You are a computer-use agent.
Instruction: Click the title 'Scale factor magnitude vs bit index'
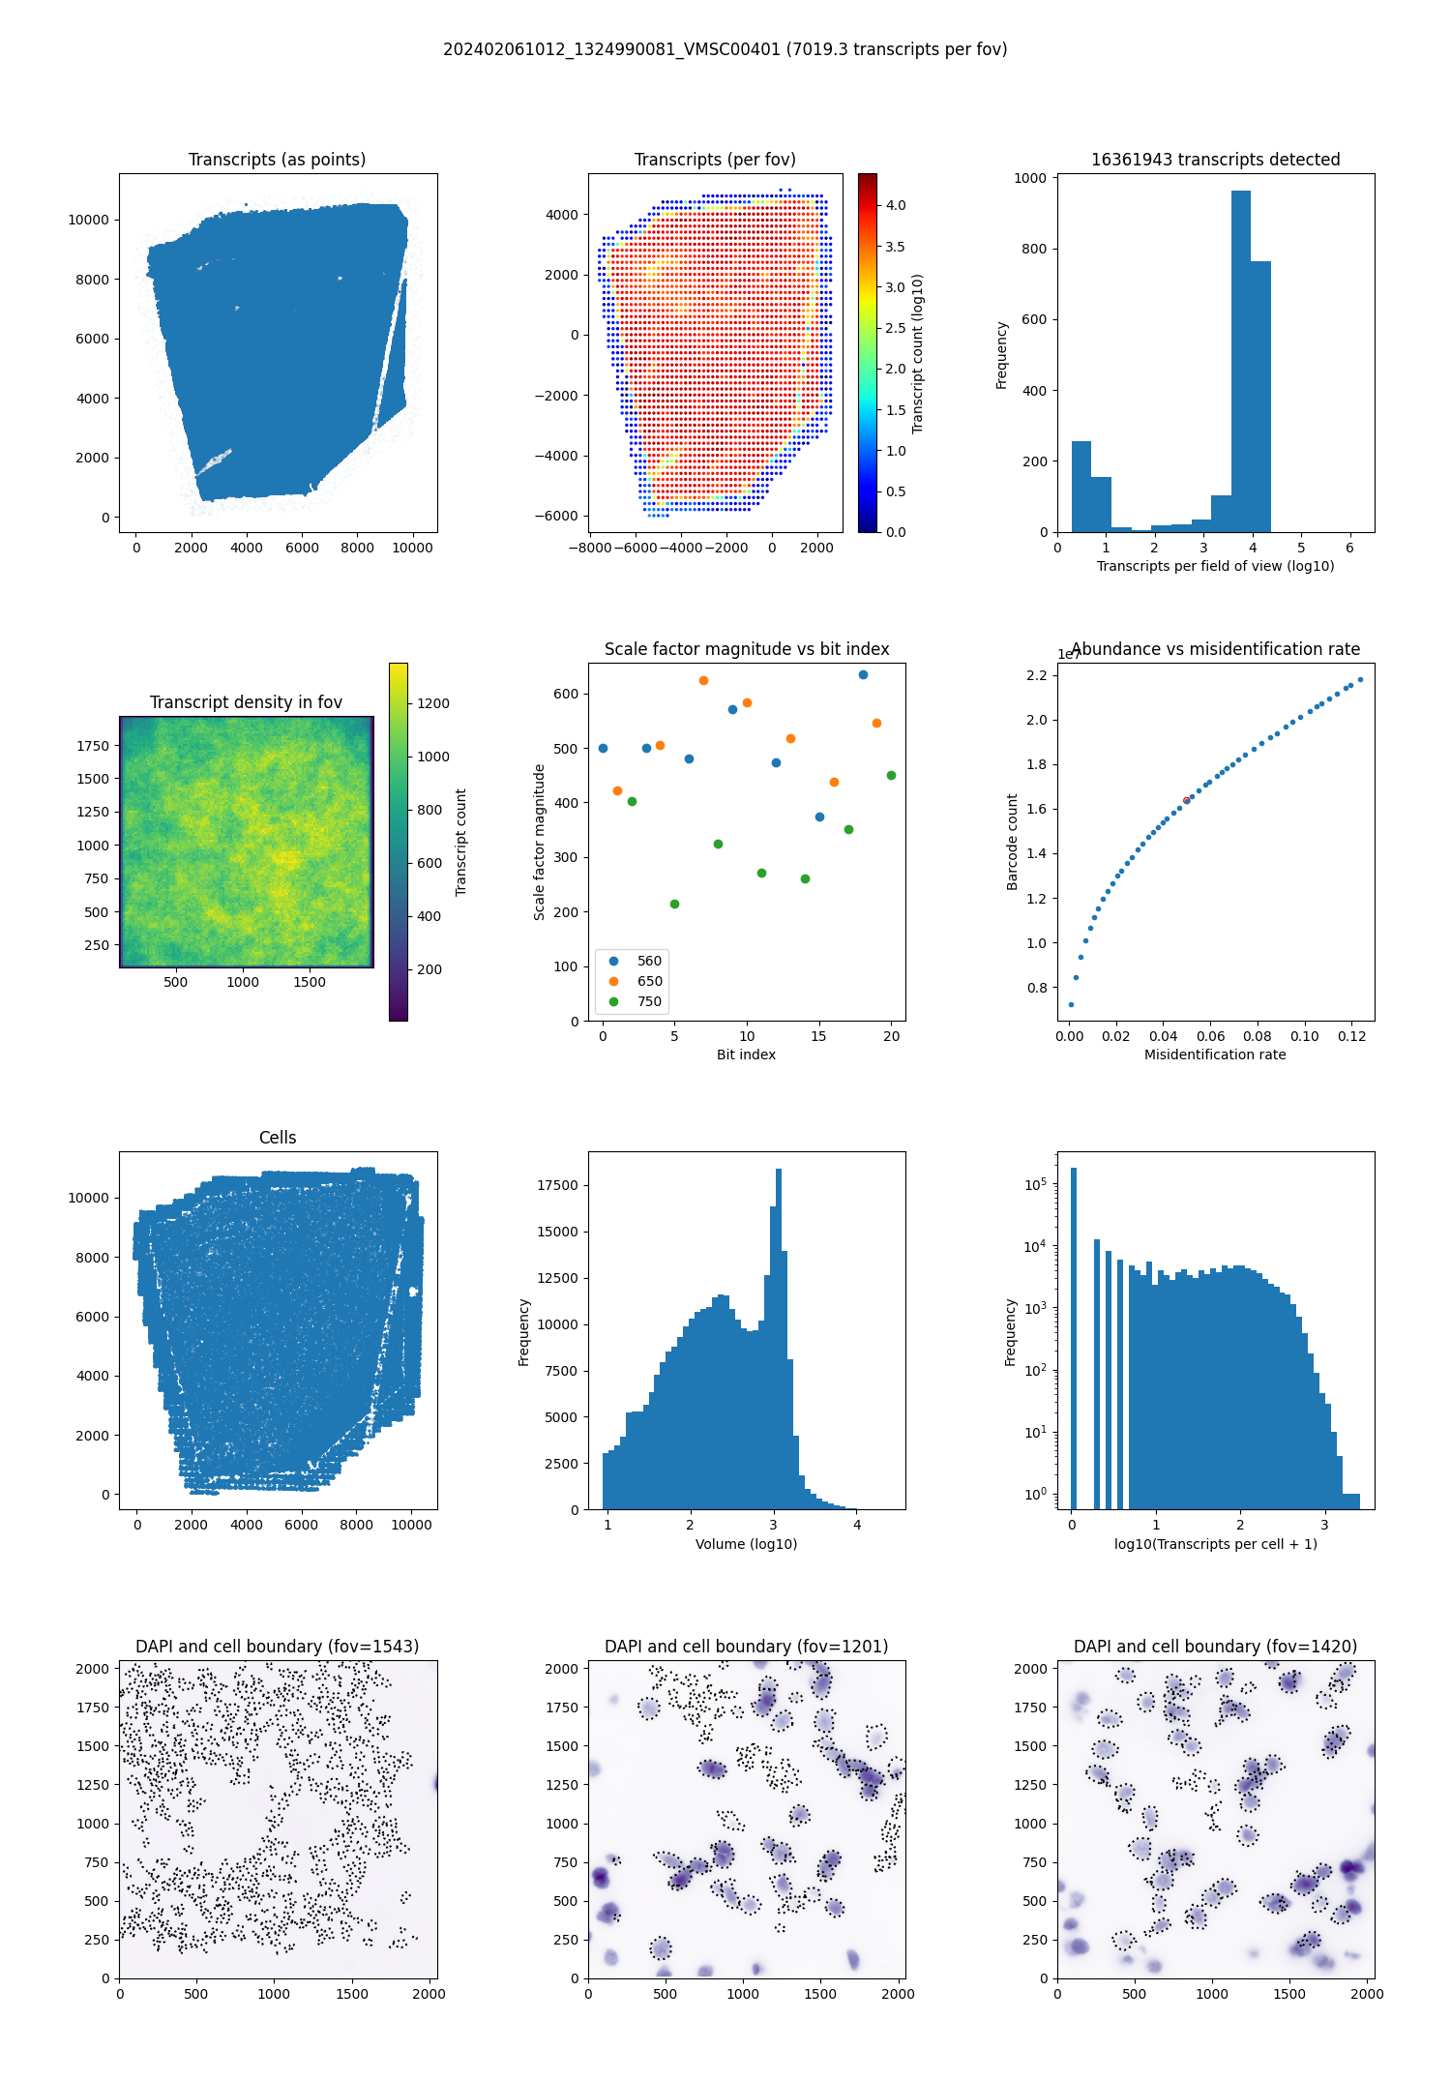tap(746, 649)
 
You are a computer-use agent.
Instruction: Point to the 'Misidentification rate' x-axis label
tap(1215, 1055)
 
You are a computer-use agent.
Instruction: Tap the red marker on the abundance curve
tap(1187, 800)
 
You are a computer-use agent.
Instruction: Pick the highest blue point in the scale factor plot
tap(863, 674)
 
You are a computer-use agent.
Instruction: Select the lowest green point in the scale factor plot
tap(674, 904)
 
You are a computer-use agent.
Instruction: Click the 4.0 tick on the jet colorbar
tap(895, 205)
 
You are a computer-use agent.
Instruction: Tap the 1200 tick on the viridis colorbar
tap(432, 703)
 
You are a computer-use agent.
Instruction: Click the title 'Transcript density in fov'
tap(246, 702)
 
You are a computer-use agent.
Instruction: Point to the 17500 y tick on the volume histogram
tap(557, 1185)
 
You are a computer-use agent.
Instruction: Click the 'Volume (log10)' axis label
tap(746, 1544)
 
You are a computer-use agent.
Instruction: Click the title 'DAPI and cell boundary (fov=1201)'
tap(746, 1647)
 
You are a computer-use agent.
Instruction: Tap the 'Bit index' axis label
tap(746, 1055)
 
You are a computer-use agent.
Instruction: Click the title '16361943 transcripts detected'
tap(1215, 160)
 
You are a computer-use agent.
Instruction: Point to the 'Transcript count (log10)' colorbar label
tap(918, 353)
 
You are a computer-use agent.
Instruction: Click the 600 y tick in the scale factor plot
tap(566, 694)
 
